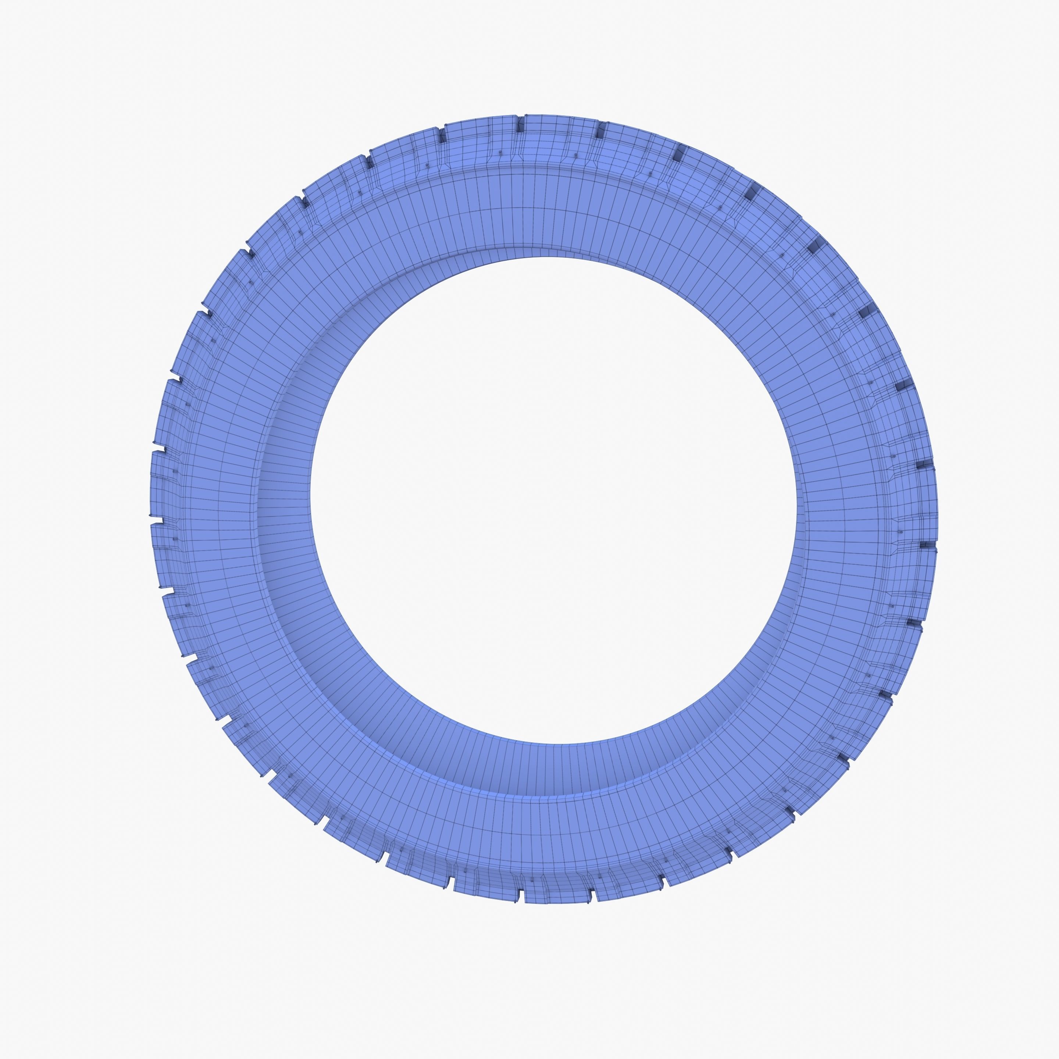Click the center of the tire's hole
pos(554,500)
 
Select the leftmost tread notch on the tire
pos(157,519)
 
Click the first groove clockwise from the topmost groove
pos(600,131)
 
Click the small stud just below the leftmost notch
pos(175,539)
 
